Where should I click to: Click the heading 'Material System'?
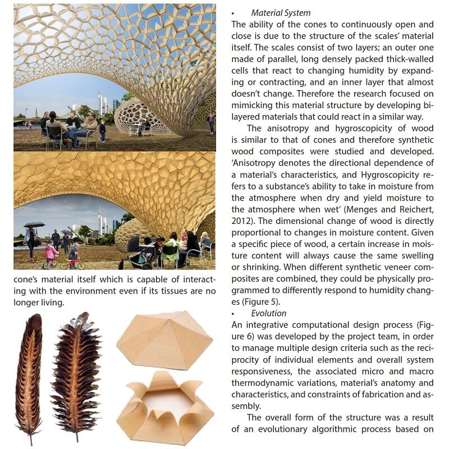pos(281,13)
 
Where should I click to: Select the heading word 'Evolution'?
pos(269,313)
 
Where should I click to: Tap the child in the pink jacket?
pos(51,254)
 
